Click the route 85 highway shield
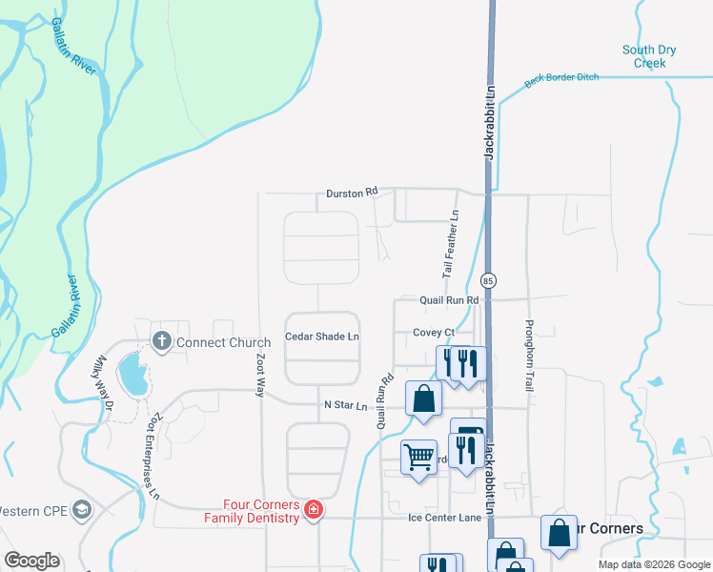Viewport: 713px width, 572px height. tap(488, 281)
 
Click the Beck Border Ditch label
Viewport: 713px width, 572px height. tap(561, 78)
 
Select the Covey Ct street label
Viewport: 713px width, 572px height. tap(433, 333)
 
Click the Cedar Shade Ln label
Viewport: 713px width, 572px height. tap(322, 337)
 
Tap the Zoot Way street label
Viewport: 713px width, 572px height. tap(260, 374)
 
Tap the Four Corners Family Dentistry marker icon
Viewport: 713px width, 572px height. tap(312, 513)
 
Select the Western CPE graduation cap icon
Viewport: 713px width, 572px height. tap(82, 510)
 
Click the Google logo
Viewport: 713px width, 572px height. tap(31, 561)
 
